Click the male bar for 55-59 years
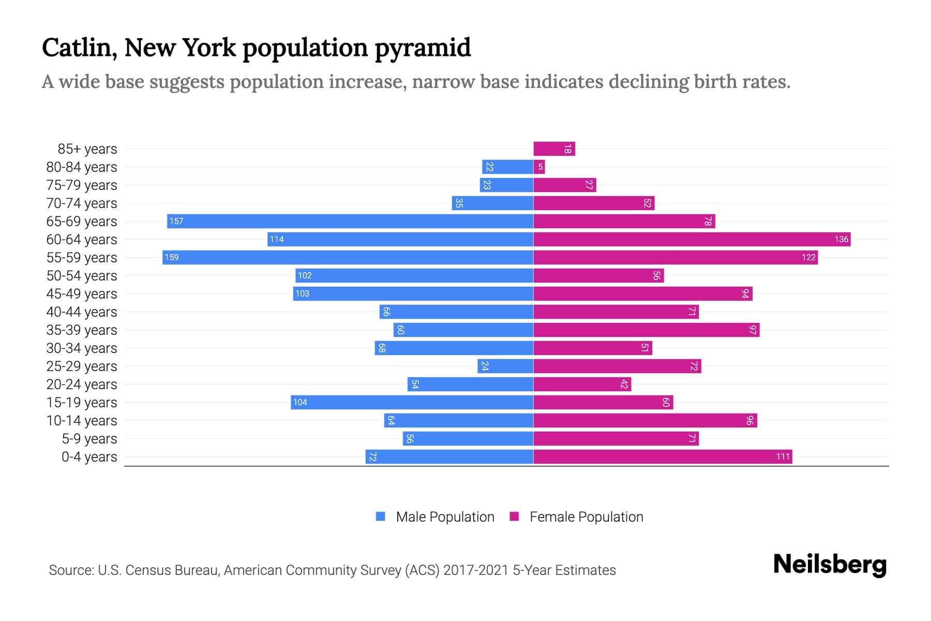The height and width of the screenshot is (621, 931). [348, 257]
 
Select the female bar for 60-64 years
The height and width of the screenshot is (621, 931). [692, 239]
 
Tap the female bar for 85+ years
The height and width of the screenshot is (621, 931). [554, 149]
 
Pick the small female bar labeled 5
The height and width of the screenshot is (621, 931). [539, 167]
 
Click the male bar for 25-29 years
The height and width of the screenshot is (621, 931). [505, 366]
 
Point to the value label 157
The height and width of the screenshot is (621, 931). [176, 221]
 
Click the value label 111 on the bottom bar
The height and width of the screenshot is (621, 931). [783, 456]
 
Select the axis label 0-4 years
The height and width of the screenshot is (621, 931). [89, 457]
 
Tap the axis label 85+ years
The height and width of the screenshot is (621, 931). [87, 149]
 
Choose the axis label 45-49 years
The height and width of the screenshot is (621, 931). [82, 294]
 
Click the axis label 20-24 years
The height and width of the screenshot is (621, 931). [82, 385]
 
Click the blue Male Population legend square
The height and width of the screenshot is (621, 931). [381, 516]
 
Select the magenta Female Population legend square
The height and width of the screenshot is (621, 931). [514, 516]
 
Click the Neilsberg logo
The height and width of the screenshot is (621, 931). [830, 565]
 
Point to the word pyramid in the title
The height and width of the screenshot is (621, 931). [423, 48]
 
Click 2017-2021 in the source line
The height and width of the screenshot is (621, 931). [476, 570]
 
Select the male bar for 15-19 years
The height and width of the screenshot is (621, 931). [412, 403]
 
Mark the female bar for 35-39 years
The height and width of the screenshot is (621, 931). [646, 330]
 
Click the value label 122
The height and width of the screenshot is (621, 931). [808, 258]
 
